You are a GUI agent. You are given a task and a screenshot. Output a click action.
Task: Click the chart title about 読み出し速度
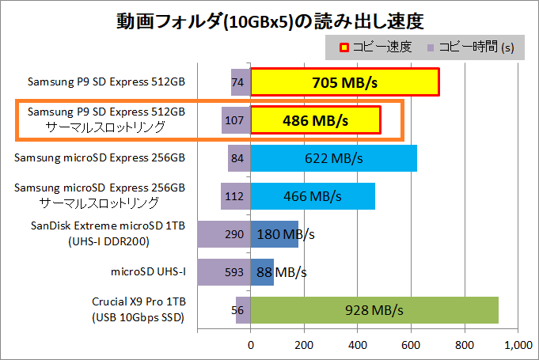[x=268, y=19]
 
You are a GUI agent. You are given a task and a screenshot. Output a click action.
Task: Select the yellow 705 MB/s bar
[x=344, y=82]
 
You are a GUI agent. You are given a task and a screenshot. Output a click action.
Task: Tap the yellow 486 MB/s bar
[x=316, y=121]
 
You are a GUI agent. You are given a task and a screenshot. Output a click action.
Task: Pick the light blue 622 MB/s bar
[x=333, y=158]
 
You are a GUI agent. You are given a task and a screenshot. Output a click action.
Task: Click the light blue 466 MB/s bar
[x=313, y=196]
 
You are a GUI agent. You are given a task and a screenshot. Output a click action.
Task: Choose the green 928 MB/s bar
[x=374, y=310]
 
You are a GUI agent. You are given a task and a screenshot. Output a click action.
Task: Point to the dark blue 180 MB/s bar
[x=274, y=234]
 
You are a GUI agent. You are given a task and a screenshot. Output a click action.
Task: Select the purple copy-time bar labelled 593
[x=224, y=272]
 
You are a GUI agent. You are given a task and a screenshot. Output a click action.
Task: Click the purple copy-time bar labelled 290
[x=224, y=234]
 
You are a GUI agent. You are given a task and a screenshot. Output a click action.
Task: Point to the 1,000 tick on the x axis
[x=517, y=346]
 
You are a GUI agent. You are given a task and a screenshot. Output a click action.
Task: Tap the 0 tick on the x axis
[x=251, y=346]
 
